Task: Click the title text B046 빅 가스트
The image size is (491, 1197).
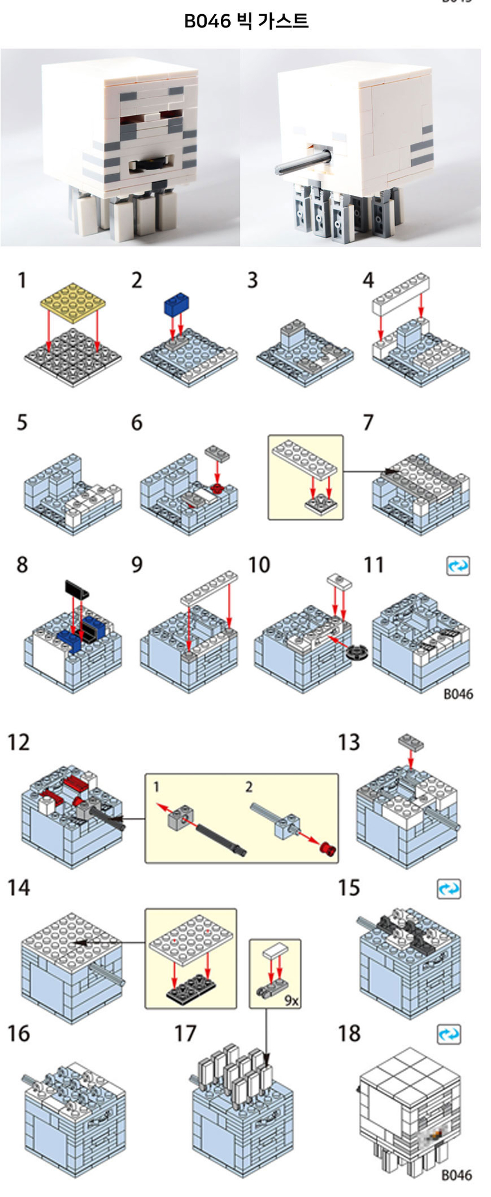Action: (246, 22)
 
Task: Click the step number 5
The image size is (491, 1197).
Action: (22, 423)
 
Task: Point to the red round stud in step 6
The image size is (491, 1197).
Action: (216, 488)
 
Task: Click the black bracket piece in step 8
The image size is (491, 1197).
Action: (78, 588)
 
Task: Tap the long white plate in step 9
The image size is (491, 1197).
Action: (210, 588)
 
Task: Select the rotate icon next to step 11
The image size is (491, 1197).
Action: (458, 566)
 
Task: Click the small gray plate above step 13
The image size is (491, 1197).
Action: (412, 741)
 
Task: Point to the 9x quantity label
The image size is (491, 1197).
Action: (291, 1000)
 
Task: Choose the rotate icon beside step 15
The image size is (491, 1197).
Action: (449, 889)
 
